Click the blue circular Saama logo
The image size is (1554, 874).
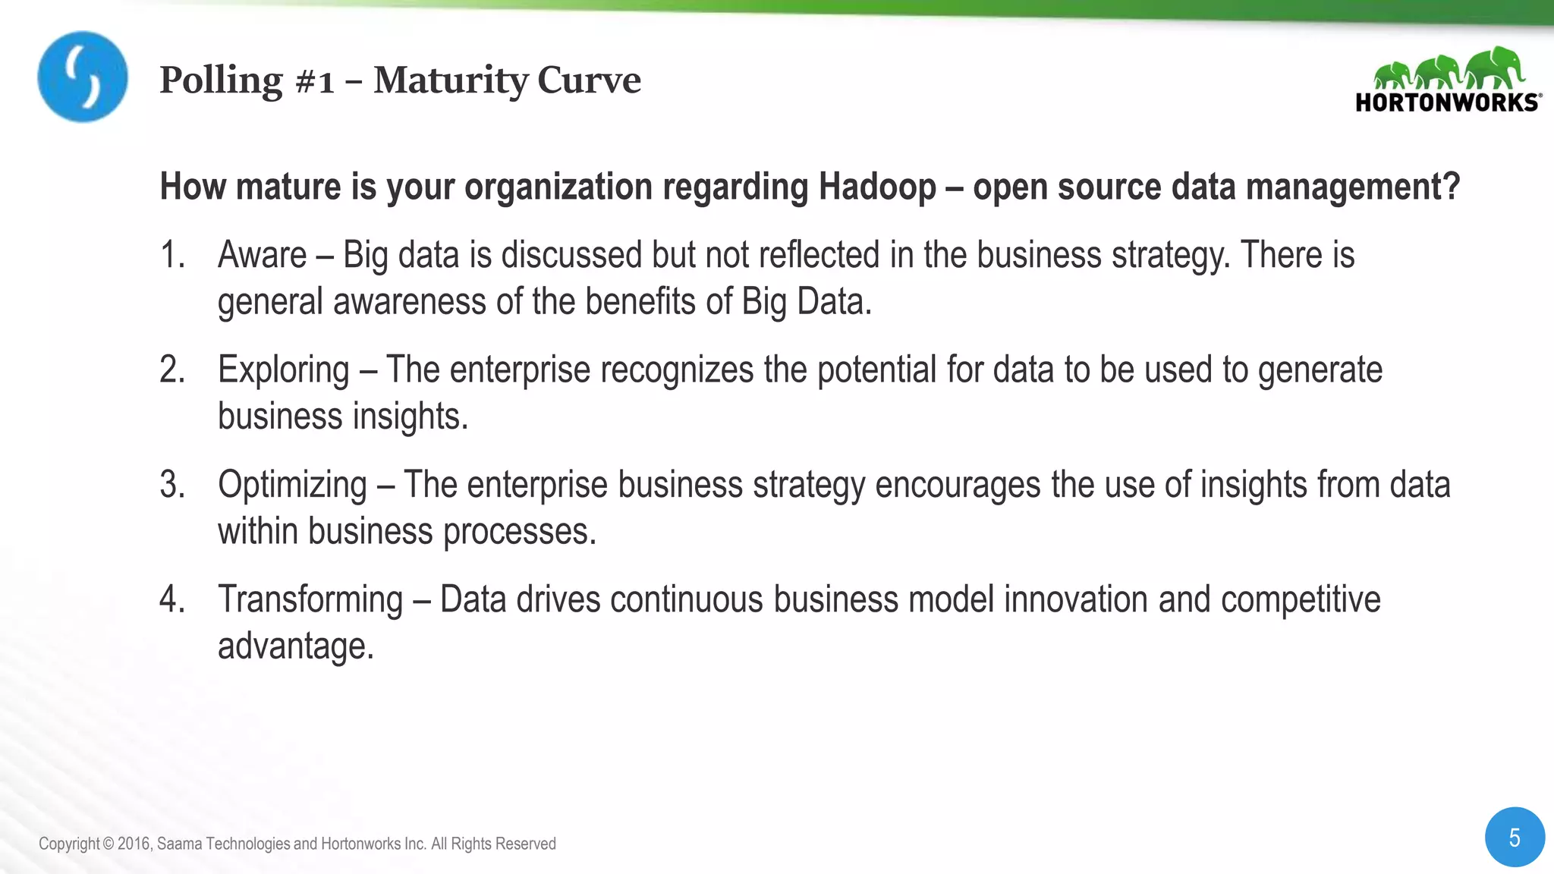(x=83, y=77)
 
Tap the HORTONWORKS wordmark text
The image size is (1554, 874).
(x=1447, y=102)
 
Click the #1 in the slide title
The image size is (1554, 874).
(x=314, y=81)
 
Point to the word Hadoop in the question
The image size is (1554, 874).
(x=877, y=187)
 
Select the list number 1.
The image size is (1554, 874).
(x=172, y=255)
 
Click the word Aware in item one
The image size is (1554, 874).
(x=262, y=255)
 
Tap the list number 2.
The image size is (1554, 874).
(x=172, y=370)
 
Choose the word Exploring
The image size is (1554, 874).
(x=283, y=371)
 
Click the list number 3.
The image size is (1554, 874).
(x=172, y=485)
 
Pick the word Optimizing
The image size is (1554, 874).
(x=292, y=486)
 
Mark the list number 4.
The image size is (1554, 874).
(x=172, y=599)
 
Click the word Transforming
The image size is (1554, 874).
(x=310, y=600)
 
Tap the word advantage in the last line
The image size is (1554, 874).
(x=295, y=647)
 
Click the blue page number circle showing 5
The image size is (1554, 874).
(x=1515, y=838)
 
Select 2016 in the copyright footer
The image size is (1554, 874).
(x=134, y=844)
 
